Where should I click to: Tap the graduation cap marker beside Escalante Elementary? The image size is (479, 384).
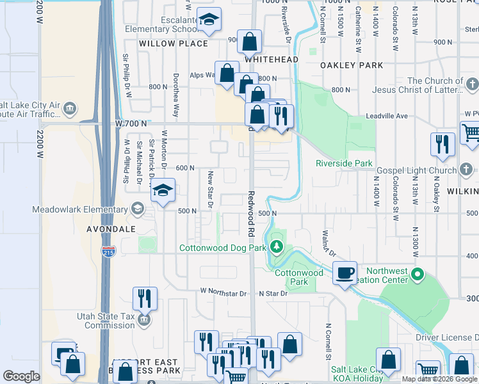208,21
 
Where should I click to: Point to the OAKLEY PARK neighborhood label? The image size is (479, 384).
352,65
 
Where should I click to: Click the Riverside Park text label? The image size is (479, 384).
344,163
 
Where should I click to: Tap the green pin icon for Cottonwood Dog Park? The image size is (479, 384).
277,247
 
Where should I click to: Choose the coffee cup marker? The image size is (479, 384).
345,273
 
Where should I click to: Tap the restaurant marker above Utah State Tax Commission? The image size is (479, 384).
145,299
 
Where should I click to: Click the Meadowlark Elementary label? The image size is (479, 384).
80,209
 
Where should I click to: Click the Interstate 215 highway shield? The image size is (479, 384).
110,250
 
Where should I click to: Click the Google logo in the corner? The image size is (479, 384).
22,376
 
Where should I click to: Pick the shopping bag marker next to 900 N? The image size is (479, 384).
250,42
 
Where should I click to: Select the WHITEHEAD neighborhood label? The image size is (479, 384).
271,60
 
